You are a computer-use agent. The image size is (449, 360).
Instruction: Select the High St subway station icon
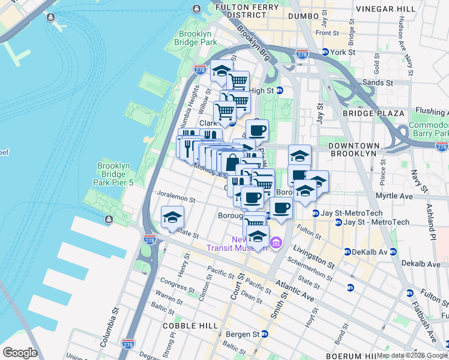point(280,91)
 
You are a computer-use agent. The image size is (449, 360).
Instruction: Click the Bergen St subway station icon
point(264,334)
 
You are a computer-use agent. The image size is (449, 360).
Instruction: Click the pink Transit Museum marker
point(276,243)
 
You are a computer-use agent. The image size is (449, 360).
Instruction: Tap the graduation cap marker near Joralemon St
point(172,217)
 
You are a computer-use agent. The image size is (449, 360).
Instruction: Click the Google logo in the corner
point(20,353)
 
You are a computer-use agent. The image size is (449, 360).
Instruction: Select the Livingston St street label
point(313,254)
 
